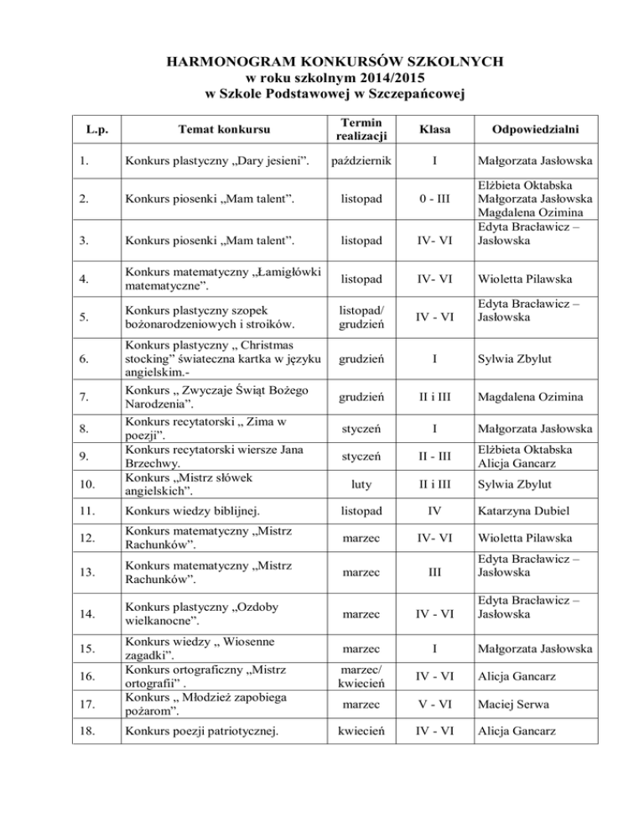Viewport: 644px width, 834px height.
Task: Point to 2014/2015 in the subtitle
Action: tap(387, 76)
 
